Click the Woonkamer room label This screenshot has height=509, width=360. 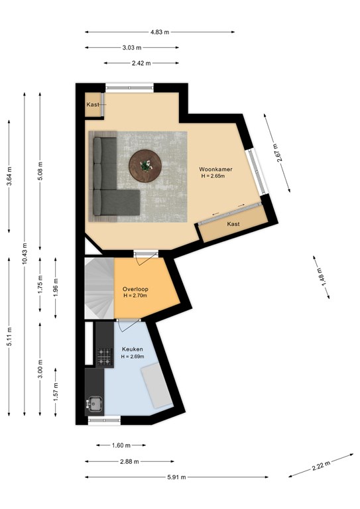click(x=215, y=169)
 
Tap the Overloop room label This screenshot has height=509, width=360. click(x=135, y=289)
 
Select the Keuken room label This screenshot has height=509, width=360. click(x=133, y=349)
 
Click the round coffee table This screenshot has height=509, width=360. click(x=145, y=166)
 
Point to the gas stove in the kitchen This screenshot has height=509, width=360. click(x=105, y=356)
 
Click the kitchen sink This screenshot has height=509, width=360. click(x=94, y=404)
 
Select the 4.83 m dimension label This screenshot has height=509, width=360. click(x=160, y=32)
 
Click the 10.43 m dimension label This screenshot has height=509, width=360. click(x=25, y=253)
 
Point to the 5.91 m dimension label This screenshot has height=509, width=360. click(x=176, y=477)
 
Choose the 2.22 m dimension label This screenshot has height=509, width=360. click(x=321, y=465)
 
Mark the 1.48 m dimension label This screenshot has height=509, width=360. click(x=321, y=277)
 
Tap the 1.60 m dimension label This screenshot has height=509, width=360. click(x=121, y=445)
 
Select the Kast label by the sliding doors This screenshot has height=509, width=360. click(x=233, y=224)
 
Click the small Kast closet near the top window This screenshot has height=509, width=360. click(x=93, y=105)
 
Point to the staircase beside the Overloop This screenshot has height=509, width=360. click(x=99, y=288)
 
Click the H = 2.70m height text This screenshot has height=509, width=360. click(x=135, y=296)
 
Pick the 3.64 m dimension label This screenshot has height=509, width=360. click(x=9, y=176)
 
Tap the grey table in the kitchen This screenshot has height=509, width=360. click(x=156, y=385)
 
